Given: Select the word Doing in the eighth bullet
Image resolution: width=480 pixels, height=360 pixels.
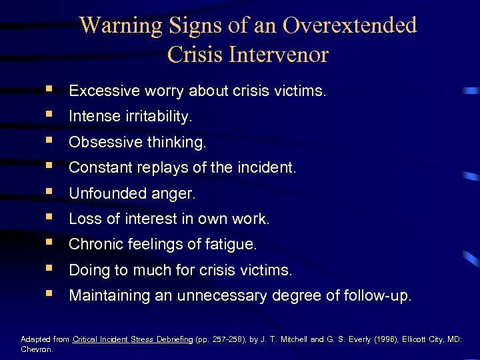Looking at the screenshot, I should coord(87,271).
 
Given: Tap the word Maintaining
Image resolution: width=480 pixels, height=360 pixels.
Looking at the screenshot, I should coord(110,296).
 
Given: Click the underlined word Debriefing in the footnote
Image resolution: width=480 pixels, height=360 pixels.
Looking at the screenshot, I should coord(175,339).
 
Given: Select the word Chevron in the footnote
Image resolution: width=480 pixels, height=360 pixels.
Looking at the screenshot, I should coord(36,348).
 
